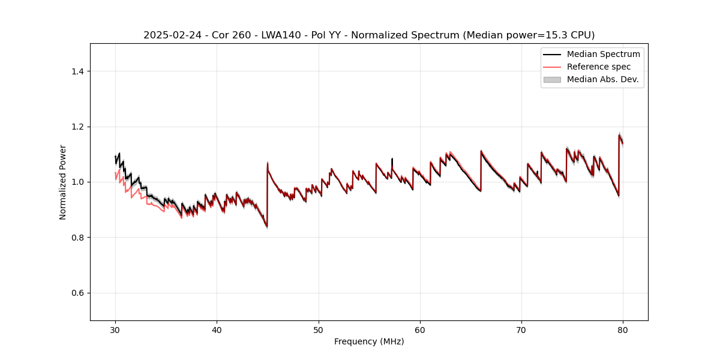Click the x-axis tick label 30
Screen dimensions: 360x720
pyautogui.click(x=115, y=330)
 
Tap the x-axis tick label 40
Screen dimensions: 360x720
pyautogui.click(x=217, y=330)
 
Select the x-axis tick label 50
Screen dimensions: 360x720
pyautogui.click(x=319, y=330)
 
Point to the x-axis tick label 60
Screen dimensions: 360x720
pyautogui.click(x=420, y=330)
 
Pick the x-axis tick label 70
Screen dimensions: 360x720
pyautogui.click(x=521, y=330)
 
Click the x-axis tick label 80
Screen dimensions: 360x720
pyautogui.click(x=623, y=330)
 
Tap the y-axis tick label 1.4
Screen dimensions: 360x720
pyautogui.click(x=77, y=71)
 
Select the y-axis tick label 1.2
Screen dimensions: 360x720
pyautogui.click(x=77, y=127)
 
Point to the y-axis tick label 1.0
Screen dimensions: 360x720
pyautogui.click(x=77, y=182)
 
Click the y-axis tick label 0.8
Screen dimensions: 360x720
pyautogui.click(x=77, y=238)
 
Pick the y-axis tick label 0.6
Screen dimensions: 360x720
pyautogui.click(x=77, y=293)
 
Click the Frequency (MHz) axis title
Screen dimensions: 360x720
pyautogui.click(x=369, y=342)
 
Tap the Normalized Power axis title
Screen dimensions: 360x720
pyautogui.click(x=63, y=182)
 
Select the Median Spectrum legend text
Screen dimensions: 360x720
pyautogui.click(x=603, y=54)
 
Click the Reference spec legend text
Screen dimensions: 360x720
pyautogui.click(x=599, y=67)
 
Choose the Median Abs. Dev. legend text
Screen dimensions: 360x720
pyautogui.click(x=602, y=79)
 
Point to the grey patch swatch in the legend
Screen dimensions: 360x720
pyautogui.click(x=552, y=79)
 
